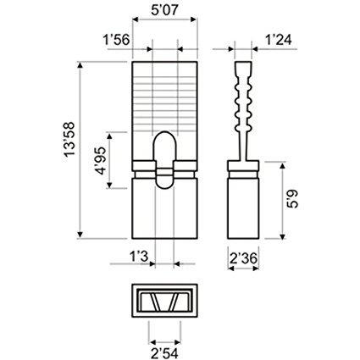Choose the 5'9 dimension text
291,200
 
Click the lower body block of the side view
244,208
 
